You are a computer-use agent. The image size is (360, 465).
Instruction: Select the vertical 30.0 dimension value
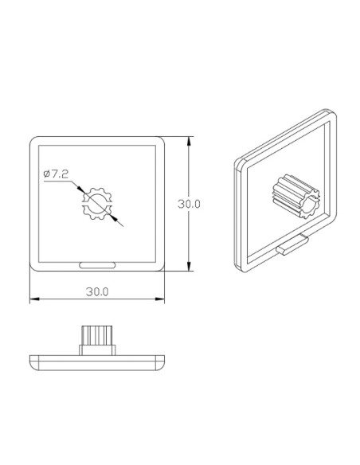pos(189,204)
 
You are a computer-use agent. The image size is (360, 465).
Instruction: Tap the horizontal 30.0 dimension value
pos(97,292)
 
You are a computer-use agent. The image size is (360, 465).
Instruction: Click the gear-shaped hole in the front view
pos(97,204)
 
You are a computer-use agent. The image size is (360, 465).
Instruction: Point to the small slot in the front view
pos(97,263)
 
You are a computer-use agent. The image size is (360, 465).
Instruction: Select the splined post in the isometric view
pos(296,196)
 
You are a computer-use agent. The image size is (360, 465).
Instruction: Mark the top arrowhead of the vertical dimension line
pos(188,140)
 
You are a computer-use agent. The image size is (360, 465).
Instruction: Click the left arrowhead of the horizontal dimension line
pos(33,300)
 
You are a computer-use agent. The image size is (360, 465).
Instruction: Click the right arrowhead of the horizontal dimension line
pos(161,300)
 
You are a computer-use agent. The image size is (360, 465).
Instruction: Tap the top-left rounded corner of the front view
pos(34,142)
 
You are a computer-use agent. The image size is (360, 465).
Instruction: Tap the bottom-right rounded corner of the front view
pos(161,268)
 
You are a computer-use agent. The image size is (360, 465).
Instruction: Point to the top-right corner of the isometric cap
pos(332,112)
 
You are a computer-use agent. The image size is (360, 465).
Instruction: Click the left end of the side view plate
pos(31,361)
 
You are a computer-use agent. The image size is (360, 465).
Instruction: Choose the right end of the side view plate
pos(163,361)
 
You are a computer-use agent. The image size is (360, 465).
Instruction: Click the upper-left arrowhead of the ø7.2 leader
pos(81,190)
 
